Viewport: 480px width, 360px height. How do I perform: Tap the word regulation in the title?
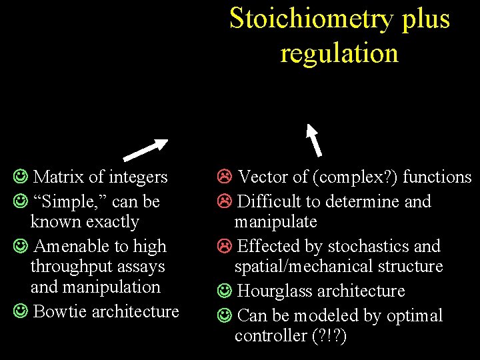point(339,53)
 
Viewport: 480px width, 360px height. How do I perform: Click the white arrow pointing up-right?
point(146,150)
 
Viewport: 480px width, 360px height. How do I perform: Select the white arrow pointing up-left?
point(314,139)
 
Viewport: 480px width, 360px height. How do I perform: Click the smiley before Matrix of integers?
point(20,177)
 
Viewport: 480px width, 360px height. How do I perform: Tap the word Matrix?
point(59,177)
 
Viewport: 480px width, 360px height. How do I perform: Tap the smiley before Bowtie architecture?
point(20,311)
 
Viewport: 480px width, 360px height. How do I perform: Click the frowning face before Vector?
point(224,177)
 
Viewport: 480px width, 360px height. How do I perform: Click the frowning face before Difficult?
point(224,201)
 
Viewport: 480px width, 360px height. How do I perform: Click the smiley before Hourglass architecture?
point(224,291)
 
